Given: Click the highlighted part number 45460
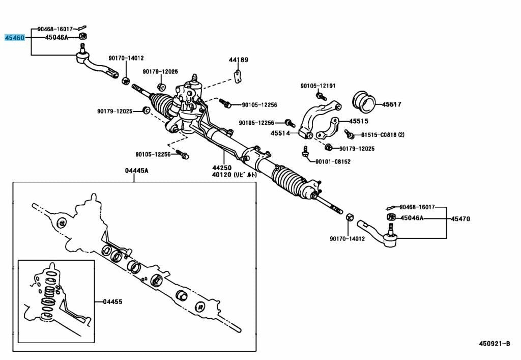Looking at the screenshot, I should [14, 38].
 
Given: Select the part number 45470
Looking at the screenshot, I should [459, 219].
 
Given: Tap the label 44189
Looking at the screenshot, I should [238, 60].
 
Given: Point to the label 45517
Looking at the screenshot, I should [392, 104].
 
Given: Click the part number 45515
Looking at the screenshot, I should [358, 122].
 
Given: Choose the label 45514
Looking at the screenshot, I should [280, 133].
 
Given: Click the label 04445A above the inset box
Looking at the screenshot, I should [136, 171].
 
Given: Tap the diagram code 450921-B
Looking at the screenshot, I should [494, 344].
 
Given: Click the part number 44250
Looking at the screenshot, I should [222, 168].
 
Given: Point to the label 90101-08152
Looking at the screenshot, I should [333, 161].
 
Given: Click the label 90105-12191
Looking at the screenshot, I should [317, 86].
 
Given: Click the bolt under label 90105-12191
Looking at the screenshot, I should [319, 95].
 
